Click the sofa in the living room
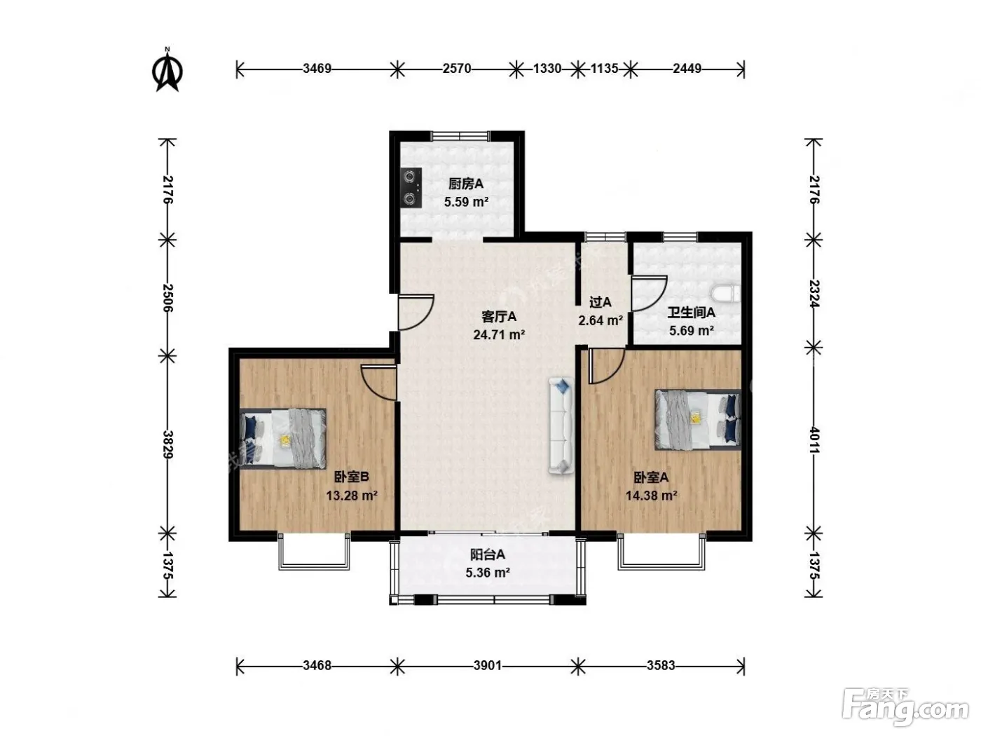coord(561,425)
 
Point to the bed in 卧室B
coord(282,438)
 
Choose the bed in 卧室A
coord(698,419)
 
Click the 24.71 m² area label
coord(499,334)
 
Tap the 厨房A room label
coord(466,184)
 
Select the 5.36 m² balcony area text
coord(488,573)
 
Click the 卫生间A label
coord(691,313)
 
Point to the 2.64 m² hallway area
coord(601,320)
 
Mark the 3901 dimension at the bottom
coord(487,666)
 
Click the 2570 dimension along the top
coord(457,69)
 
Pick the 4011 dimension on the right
coord(814,439)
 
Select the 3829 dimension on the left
coord(168,444)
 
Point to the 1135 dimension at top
coord(604,69)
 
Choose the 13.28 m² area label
coord(352,496)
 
